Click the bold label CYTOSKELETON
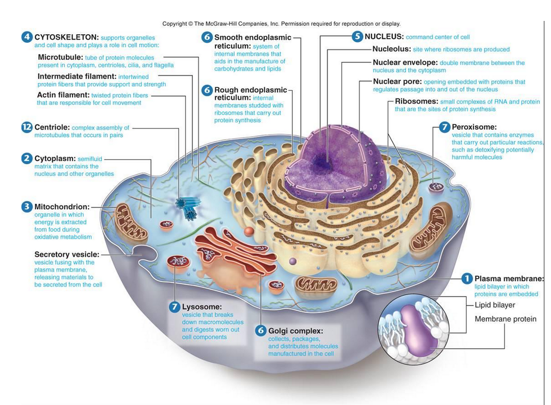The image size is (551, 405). (x=66, y=37)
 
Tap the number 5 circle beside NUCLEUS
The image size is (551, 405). (x=357, y=37)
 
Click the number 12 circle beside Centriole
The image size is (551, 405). (x=27, y=128)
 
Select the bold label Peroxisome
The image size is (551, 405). (x=474, y=127)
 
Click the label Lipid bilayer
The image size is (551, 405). (x=495, y=305)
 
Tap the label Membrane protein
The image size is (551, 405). (x=505, y=319)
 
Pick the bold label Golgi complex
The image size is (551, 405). (x=295, y=331)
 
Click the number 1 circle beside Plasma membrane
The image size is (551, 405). (x=466, y=279)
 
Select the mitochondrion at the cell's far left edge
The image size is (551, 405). (x=130, y=222)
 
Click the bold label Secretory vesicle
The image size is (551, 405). (x=67, y=254)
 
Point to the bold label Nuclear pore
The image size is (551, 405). (x=397, y=82)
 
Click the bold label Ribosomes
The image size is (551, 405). (x=416, y=102)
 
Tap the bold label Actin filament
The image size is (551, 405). (x=63, y=95)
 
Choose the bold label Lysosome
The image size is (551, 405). (x=202, y=307)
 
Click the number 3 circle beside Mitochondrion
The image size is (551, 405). (x=27, y=207)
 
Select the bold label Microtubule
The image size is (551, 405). (x=60, y=57)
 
